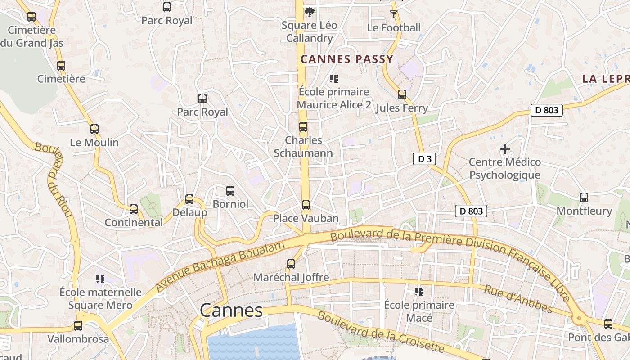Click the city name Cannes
(231, 310)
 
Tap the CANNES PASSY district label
(347, 59)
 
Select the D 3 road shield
(424, 159)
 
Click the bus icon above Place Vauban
(306, 205)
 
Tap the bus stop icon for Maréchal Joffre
(291, 264)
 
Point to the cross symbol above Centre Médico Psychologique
(505, 148)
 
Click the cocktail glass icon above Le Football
(394, 14)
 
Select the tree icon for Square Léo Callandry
(309, 12)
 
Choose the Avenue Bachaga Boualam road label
(220, 266)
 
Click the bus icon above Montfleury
(584, 197)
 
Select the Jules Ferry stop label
(401, 108)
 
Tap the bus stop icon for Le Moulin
(94, 129)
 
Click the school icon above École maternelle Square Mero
(100, 279)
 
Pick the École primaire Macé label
(419, 311)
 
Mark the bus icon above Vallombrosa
(78, 326)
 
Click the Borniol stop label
(230, 204)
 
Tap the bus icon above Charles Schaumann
(303, 127)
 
